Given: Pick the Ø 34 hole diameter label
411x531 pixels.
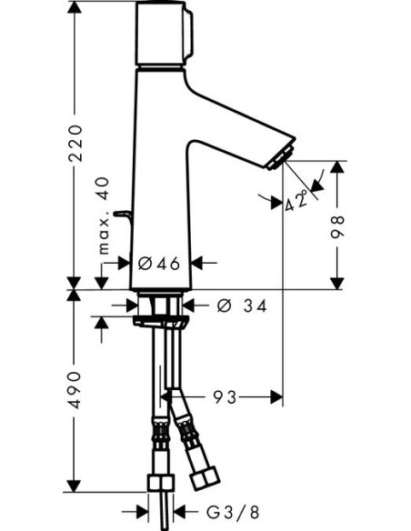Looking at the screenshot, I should coord(242,306).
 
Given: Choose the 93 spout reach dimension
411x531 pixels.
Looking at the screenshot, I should coord(226,397).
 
